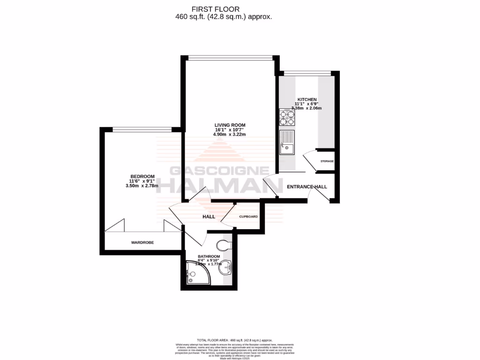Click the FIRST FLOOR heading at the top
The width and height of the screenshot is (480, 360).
click(x=216, y=9)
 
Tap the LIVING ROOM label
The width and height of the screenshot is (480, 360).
click(x=230, y=125)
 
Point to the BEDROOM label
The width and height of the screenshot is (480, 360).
click(x=142, y=176)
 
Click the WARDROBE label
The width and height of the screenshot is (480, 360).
click(x=142, y=242)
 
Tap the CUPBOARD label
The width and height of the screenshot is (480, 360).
click(x=248, y=217)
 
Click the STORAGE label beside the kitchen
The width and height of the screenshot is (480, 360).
click(x=327, y=161)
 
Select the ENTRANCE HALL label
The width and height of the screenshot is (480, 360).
click(x=307, y=187)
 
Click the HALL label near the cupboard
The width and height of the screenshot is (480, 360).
click(x=209, y=217)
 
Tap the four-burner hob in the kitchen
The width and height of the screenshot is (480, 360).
click(x=287, y=117)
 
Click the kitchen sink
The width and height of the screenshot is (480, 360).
click(x=286, y=143)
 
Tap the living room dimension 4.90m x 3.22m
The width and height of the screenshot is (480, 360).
click(x=230, y=135)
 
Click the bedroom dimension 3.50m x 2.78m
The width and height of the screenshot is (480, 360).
click(x=142, y=186)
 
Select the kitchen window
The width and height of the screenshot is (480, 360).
click(x=307, y=73)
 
